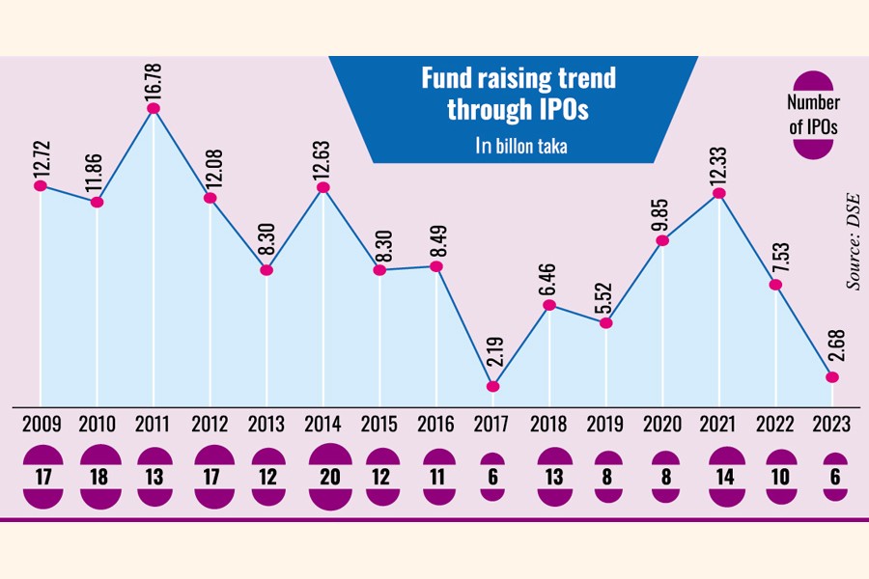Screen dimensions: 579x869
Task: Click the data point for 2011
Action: (x=153, y=109)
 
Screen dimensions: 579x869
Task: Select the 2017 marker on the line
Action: (x=492, y=387)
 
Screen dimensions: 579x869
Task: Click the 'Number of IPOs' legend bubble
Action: (x=813, y=115)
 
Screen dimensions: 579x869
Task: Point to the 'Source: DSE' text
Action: (x=853, y=238)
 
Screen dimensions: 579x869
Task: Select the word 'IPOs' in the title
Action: (x=566, y=110)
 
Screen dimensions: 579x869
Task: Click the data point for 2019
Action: (x=605, y=323)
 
